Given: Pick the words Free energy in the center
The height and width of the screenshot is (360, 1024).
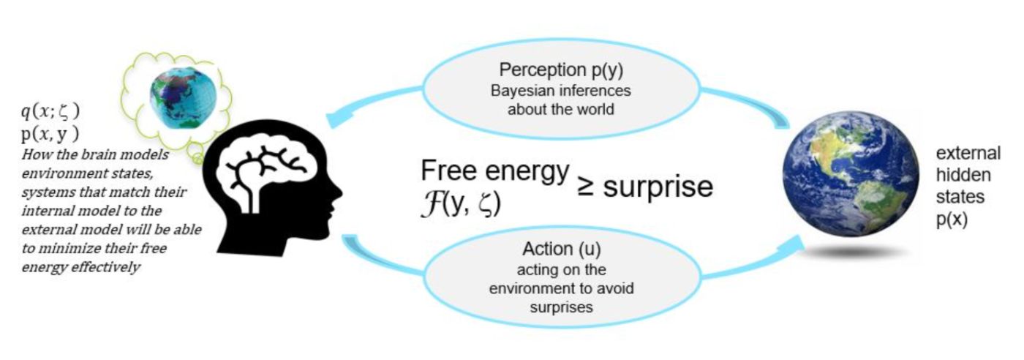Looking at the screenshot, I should [x=495, y=172].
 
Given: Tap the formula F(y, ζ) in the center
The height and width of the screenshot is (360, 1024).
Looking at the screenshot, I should [x=459, y=203].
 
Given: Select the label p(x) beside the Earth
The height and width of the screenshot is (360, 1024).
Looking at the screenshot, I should [x=953, y=220].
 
